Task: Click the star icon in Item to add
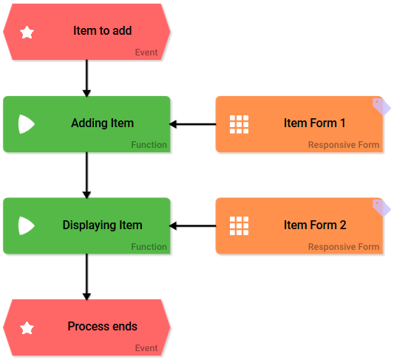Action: (27, 33)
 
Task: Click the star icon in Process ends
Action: (27, 327)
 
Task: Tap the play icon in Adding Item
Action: (26, 124)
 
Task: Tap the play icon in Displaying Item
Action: (26, 225)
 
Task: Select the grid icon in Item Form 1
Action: (239, 124)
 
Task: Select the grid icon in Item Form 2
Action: (239, 225)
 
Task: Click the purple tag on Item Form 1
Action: (381, 107)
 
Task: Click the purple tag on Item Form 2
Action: (381, 208)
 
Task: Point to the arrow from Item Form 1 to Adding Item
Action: (193, 124)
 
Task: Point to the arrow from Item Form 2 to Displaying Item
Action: (193, 225)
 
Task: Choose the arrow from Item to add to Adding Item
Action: (86, 78)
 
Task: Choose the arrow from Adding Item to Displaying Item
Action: (86, 174)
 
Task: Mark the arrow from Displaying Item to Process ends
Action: (86, 276)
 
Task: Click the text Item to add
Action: (103, 31)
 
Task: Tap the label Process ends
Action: (102, 326)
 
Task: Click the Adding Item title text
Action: (102, 123)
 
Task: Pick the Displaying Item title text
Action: (102, 225)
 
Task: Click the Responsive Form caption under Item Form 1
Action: (343, 145)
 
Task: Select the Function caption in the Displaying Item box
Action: (149, 247)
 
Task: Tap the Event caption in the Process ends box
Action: (146, 348)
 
